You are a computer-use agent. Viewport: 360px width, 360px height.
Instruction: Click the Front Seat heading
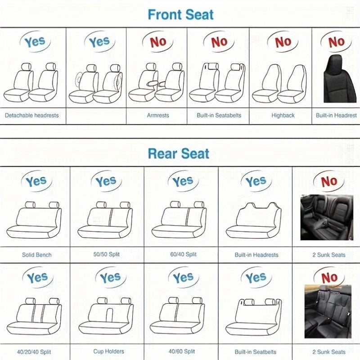(x=180, y=14)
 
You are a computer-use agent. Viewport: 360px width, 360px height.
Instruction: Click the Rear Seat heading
(x=179, y=153)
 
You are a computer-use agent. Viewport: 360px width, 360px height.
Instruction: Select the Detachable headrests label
(x=32, y=115)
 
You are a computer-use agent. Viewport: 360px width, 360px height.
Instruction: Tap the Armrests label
(x=158, y=115)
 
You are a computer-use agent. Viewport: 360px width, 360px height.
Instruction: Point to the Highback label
(x=283, y=115)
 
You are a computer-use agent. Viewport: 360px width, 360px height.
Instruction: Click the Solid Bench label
(x=37, y=255)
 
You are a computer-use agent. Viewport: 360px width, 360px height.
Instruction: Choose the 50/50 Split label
(x=107, y=255)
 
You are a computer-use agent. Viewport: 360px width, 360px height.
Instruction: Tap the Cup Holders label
(x=108, y=351)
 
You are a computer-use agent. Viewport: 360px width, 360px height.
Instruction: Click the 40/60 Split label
(x=181, y=351)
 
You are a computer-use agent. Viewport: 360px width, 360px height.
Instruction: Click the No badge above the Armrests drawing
(x=158, y=42)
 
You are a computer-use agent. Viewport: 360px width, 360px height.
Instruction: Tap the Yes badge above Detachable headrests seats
(x=35, y=42)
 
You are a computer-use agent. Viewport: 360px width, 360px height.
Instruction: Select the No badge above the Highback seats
(x=283, y=42)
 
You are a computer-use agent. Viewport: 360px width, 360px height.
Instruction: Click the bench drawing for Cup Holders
(x=106, y=315)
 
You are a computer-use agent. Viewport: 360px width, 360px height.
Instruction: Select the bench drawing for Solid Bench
(x=34, y=220)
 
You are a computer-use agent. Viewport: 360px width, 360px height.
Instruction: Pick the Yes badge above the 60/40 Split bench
(x=183, y=182)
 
